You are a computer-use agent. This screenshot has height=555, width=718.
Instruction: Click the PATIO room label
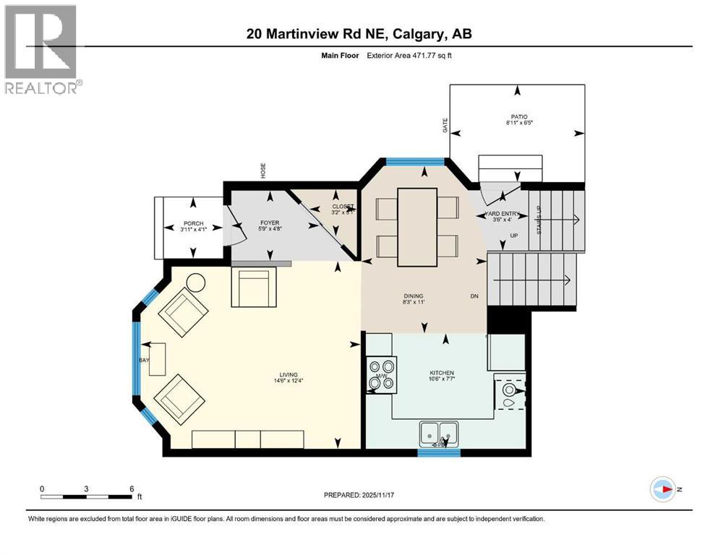point(517,116)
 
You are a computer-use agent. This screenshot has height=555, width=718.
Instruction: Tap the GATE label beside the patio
point(445,126)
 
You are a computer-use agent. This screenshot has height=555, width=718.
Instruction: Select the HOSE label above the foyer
point(263,171)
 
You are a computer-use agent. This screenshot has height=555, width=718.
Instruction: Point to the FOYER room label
point(269,223)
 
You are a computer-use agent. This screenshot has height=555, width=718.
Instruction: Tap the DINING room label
point(414,296)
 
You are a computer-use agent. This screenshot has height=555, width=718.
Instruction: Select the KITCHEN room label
point(440,373)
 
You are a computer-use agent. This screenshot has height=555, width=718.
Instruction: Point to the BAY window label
point(143,359)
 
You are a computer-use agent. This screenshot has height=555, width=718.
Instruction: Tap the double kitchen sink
point(439,433)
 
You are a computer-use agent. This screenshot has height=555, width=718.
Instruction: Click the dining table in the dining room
point(417,226)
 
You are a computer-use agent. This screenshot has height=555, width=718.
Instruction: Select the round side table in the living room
point(196,283)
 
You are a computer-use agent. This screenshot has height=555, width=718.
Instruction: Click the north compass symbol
point(662,489)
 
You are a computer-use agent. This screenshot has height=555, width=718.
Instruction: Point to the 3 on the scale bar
point(86,489)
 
